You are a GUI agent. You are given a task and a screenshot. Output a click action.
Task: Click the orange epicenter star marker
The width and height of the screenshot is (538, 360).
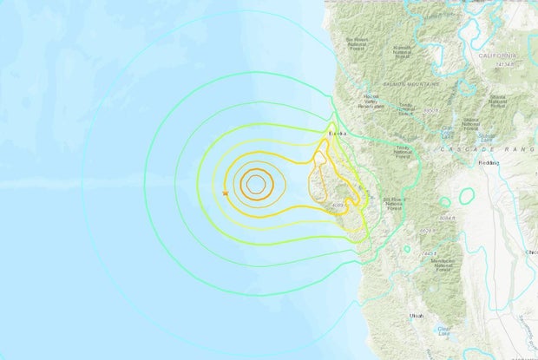pyautogui.click(x=226, y=193)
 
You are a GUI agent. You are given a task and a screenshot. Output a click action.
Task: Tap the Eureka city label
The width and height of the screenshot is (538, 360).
pyautogui.click(x=338, y=134)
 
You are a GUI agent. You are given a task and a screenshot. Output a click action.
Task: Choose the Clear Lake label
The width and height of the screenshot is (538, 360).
pyautogui.click(x=445, y=331)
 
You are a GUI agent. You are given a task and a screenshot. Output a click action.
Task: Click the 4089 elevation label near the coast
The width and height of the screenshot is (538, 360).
pyautogui.click(x=338, y=206)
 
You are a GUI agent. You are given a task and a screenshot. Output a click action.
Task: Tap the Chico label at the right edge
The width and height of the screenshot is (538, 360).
pyautogui.click(x=531, y=252)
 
